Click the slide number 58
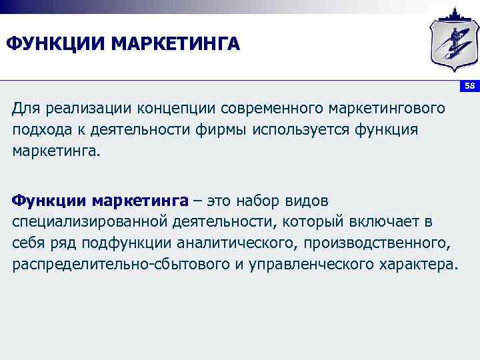coord(469,86)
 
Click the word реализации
coord(87,108)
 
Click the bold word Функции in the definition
coord(49,201)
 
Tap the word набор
coord(252,201)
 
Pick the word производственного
coord(377,243)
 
